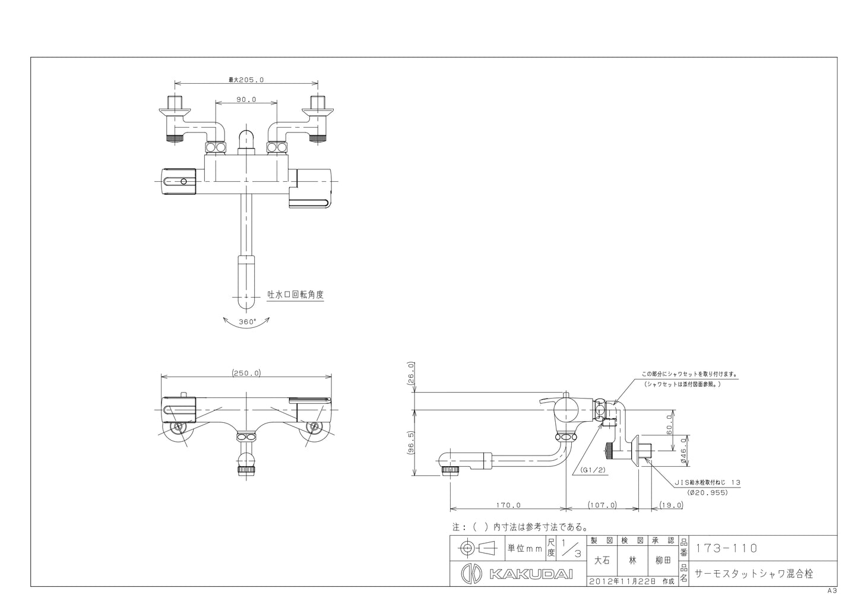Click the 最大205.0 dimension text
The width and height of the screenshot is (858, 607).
point(246,80)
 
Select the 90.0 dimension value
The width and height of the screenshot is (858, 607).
point(246,99)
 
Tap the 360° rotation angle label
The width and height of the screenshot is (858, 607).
point(248,322)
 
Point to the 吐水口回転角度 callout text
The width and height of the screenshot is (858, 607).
point(295,295)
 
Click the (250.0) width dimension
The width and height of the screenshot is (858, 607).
point(246,373)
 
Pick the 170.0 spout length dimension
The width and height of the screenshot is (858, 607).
point(508,505)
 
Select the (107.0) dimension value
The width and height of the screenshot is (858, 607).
point(603,505)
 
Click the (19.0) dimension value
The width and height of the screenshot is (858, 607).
point(672,505)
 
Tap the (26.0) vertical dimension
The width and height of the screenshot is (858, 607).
point(411,372)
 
